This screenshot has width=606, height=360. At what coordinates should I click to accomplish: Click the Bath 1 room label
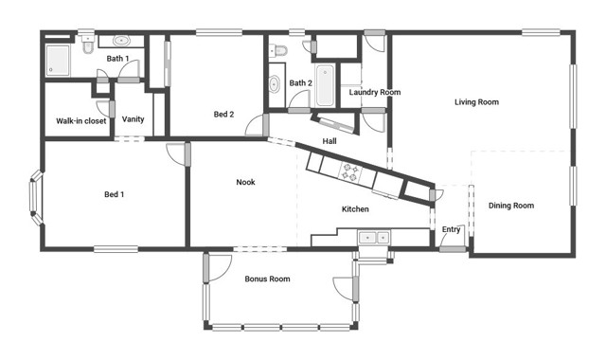[117, 59]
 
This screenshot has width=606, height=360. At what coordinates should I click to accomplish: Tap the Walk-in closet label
[81, 120]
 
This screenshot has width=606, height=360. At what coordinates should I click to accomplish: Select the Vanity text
[134, 118]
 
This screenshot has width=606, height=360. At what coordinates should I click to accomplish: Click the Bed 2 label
[223, 115]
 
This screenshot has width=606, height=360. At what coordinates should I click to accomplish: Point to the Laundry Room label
[374, 92]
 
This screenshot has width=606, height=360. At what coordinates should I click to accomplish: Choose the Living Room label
[476, 101]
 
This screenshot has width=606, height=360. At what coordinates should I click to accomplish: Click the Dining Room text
[511, 206]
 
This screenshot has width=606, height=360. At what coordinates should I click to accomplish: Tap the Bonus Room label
[267, 279]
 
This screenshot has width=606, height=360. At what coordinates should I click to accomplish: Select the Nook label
[245, 182]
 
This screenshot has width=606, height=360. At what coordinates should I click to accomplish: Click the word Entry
[452, 229]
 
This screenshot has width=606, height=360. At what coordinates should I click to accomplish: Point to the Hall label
[330, 141]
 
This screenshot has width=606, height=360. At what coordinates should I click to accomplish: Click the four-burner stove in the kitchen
[350, 172]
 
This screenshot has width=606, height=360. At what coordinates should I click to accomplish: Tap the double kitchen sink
[372, 237]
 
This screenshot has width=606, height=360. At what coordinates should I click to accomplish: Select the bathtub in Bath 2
[327, 85]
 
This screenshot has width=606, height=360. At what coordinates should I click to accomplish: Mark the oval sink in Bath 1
[123, 42]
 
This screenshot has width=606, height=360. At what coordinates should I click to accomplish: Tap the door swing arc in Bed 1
[175, 154]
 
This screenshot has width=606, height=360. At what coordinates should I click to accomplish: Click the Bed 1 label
[114, 194]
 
